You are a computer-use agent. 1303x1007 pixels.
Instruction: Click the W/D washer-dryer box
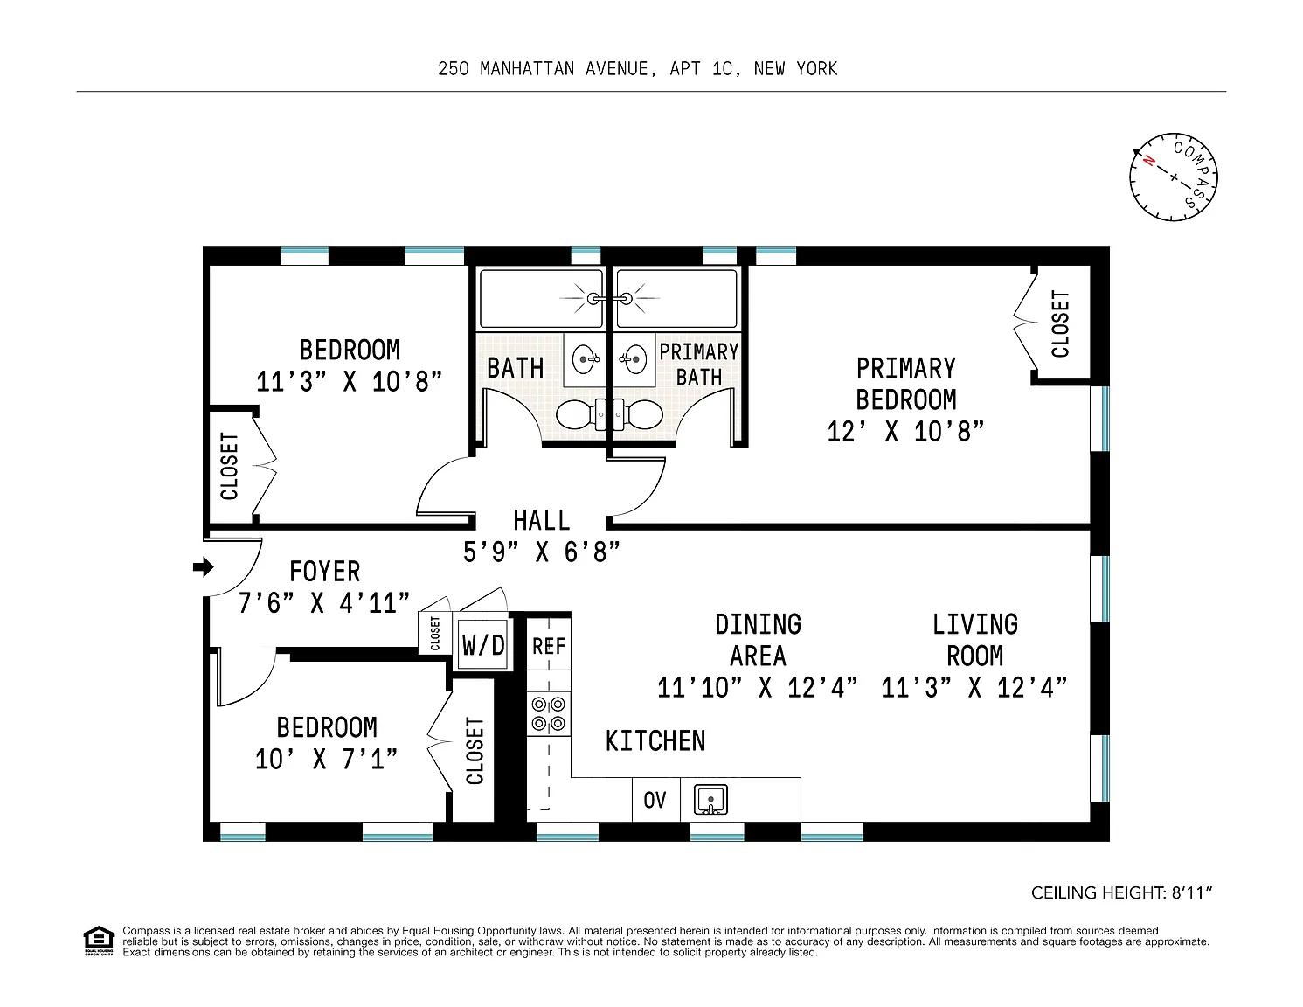482,645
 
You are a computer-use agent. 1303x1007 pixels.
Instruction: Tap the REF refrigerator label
549,646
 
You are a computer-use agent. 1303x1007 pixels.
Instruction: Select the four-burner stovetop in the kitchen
549,713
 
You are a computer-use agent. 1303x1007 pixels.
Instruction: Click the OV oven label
655,800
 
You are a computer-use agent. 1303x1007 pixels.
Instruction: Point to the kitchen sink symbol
710,800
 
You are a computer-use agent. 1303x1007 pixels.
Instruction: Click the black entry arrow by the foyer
204,566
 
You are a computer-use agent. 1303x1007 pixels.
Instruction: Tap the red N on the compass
1149,161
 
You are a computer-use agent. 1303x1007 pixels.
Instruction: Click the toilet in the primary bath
640,413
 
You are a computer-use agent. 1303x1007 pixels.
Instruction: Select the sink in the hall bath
585,360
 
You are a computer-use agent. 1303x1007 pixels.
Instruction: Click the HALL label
542,521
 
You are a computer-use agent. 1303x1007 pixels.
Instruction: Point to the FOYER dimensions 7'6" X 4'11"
324,603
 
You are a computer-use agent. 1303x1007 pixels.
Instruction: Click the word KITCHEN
655,741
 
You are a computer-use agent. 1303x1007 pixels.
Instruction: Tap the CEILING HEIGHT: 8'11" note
1121,893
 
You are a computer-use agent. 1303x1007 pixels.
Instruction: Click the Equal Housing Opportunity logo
99,941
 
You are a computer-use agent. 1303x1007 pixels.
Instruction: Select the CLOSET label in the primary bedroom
1060,324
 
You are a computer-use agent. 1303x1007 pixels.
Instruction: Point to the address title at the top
637,69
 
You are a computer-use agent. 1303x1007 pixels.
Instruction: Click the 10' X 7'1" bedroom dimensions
326,760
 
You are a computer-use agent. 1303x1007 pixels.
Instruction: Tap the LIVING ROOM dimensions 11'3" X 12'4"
974,687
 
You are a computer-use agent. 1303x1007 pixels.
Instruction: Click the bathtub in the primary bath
676,299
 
